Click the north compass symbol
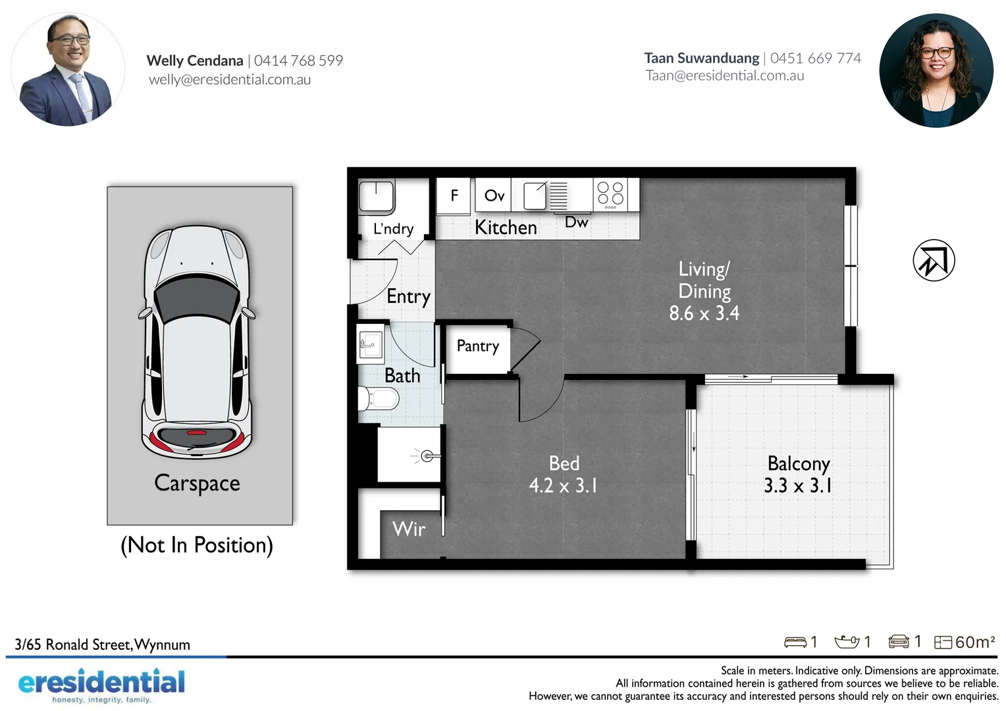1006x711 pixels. (934, 260)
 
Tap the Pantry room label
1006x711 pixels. (478, 346)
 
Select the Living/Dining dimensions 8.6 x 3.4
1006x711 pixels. (704, 313)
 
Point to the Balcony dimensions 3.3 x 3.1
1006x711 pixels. (797, 486)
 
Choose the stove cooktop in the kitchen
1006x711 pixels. (610, 194)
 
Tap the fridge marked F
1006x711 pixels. (454, 196)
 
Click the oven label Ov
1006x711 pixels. (494, 196)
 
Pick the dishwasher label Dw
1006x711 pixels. (576, 223)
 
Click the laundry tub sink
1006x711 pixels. (377, 196)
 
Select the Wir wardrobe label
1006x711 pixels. (409, 529)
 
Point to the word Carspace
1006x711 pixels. (197, 483)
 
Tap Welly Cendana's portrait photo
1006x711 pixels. (68, 70)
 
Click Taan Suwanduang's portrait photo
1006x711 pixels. (936, 70)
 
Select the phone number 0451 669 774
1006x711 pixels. (815, 59)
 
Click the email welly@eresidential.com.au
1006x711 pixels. (230, 80)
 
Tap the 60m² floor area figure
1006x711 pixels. (974, 642)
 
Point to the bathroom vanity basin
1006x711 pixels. (370, 344)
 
